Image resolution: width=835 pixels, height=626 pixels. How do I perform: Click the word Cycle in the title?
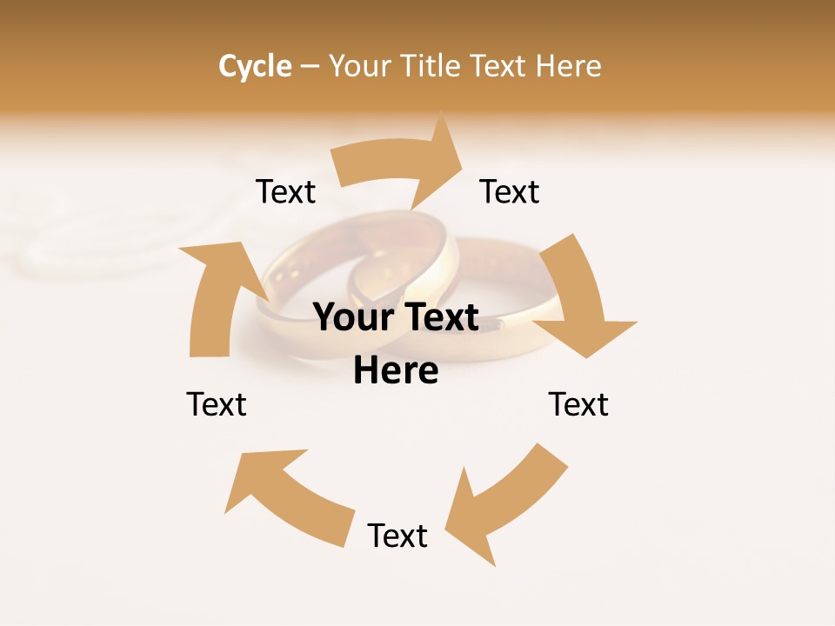pyautogui.click(x=255, y=66)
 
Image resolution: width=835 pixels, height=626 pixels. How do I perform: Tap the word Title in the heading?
pyautogui.click(x=431, y=66)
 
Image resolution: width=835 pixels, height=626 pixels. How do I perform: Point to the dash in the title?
pyautogui.click(x=310, y=67)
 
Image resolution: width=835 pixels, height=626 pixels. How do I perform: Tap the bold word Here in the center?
pyautogui.click(x=396, y=371)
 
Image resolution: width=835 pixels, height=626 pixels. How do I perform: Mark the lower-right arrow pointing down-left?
pyautogui.click(x=504, y=504)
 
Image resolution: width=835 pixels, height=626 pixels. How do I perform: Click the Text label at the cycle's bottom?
pyautogui.click(x=397, y=536)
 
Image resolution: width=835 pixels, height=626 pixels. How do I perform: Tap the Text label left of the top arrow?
pyautogui.click(x=285, y=191)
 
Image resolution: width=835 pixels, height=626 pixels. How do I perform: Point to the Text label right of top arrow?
pyautogui.click(x=510, y=191)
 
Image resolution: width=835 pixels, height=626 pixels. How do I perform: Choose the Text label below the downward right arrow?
pyautogui.click(x=578, y=404)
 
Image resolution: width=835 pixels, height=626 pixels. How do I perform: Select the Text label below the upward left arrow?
pyautogui.click(x=217, y=404)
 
